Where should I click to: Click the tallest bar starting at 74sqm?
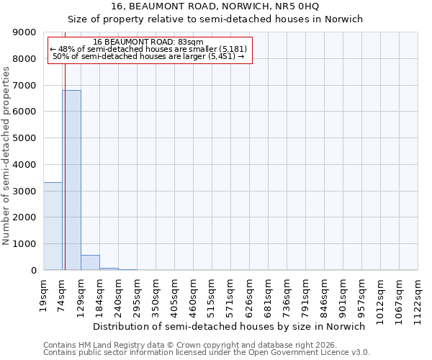tap(71, 180)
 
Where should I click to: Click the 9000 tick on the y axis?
tap(25, 32)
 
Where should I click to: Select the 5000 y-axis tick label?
tap(25, 138)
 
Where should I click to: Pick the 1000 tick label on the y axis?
tap(25, 244)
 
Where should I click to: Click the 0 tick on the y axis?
tap(34, 271)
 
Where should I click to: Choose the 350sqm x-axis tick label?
tap(156, 293)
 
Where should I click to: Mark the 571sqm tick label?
tap(231, 293)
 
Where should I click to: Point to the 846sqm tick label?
tap(325, 293)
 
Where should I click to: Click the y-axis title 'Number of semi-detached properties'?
tap(7, 156)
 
